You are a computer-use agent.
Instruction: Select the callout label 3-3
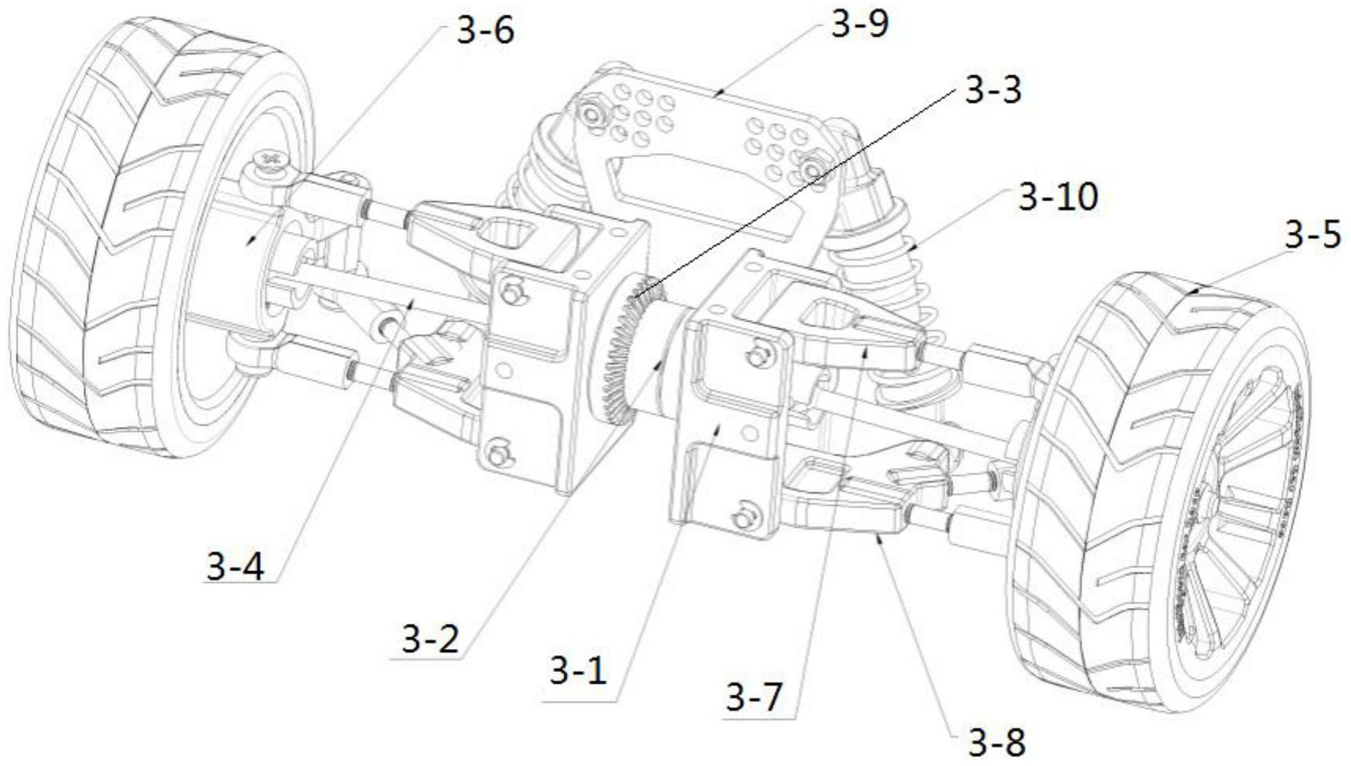pos(992,91)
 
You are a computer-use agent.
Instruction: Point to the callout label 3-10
pos(1058,198)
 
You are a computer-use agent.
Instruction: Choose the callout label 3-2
pos(430,639)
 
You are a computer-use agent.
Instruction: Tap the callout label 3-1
pos(578,671)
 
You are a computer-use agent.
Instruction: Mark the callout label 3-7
pos(755,697)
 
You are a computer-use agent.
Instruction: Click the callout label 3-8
pos(997,744)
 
